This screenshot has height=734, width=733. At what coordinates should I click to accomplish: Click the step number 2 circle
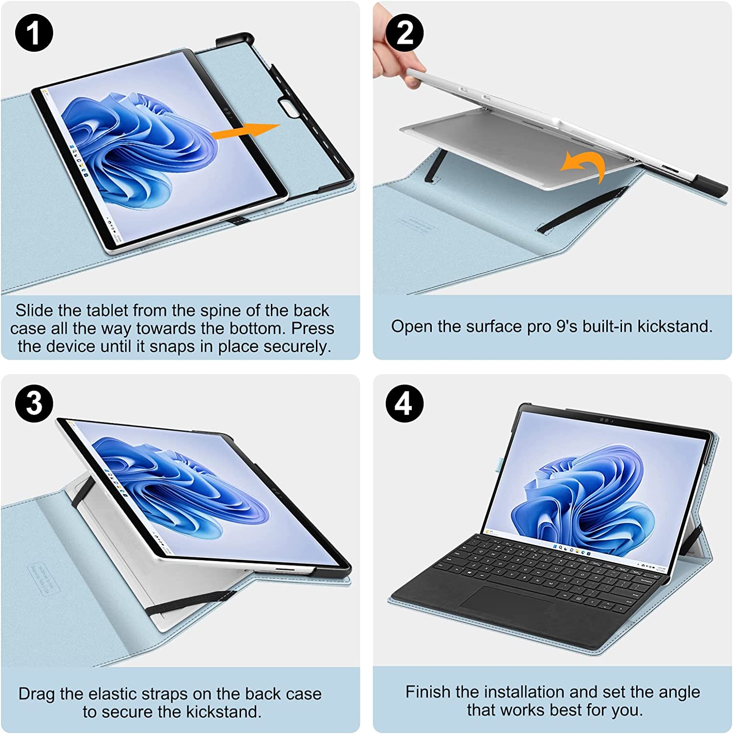[405, 33]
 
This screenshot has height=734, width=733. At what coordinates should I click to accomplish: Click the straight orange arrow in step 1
[244, 132]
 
